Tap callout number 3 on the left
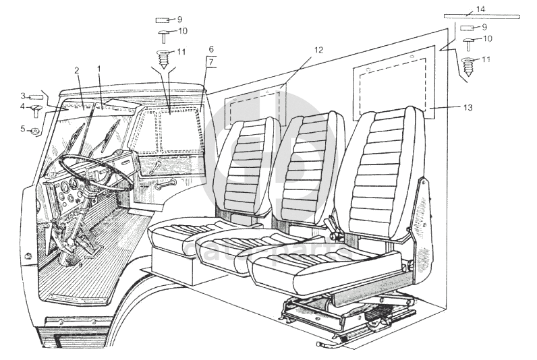22,96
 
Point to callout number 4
22,107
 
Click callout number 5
22,128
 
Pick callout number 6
211,50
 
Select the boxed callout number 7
211,63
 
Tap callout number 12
318,50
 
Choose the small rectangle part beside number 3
36,96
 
